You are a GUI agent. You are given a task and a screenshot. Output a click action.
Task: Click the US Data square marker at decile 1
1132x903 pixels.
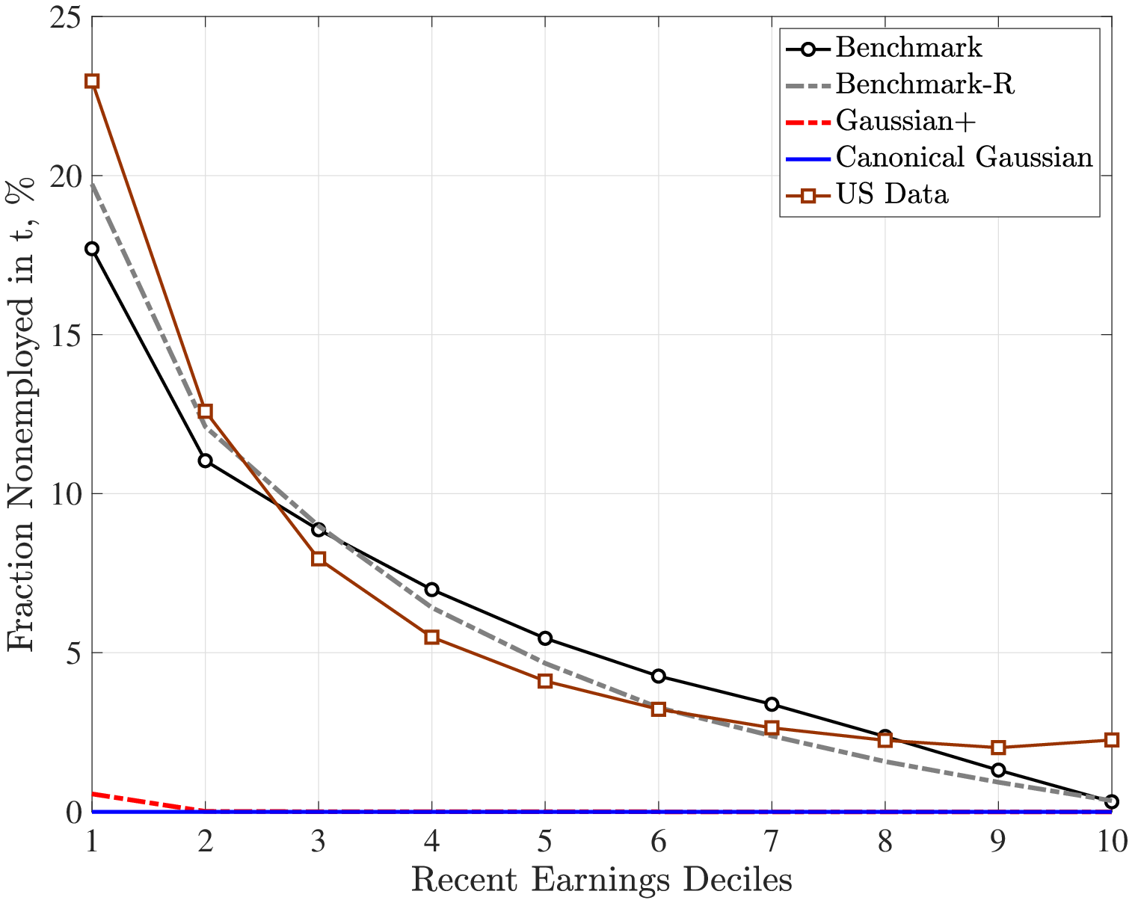(x=92, y=81)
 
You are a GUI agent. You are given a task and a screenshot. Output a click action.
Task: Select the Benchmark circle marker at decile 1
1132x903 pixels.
(x=92, y=249)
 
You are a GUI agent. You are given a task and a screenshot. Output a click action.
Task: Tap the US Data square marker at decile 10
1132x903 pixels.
(x=1111, y=740)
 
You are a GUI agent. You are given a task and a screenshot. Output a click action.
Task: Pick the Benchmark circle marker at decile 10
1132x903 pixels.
(x=1111, y=801)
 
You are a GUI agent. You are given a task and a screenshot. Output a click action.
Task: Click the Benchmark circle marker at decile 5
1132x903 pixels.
(x=545, y=638)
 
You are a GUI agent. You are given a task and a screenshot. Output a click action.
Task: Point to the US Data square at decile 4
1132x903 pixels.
(x=431, y=637)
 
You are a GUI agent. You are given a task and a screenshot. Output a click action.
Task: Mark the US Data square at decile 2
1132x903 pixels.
(x=205, y=412)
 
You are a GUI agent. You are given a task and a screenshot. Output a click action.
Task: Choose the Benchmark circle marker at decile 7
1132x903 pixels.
(x=772, y=704)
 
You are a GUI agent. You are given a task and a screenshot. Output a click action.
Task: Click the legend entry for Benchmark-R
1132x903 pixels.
(x=925, y=84)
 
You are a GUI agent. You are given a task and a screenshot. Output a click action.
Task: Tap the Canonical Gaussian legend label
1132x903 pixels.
(x=964, y=157)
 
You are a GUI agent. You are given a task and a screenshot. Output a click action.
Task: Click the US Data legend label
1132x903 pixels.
(x=892, y=194)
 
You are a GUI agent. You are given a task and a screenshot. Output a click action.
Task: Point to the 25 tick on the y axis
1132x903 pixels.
(x=66, y=17)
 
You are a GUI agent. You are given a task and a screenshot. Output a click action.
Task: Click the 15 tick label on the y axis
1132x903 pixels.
(x=66, y=335)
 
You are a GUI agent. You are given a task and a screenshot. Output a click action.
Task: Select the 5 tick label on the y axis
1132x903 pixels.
(x=73, y=653)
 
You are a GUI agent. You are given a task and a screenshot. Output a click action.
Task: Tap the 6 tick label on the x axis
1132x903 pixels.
(x=658, y=843)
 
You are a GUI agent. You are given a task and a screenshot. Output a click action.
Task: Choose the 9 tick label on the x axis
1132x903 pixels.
(x=997, y=843)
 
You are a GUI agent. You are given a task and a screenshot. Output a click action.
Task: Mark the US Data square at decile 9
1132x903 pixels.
(x=997, y=748)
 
